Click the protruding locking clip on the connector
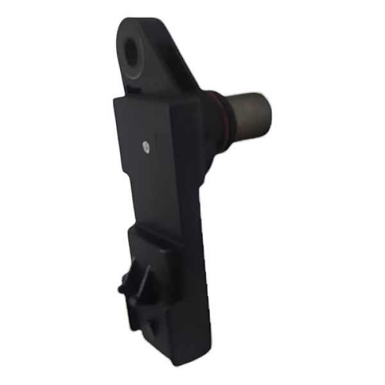(x=137, y=283)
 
